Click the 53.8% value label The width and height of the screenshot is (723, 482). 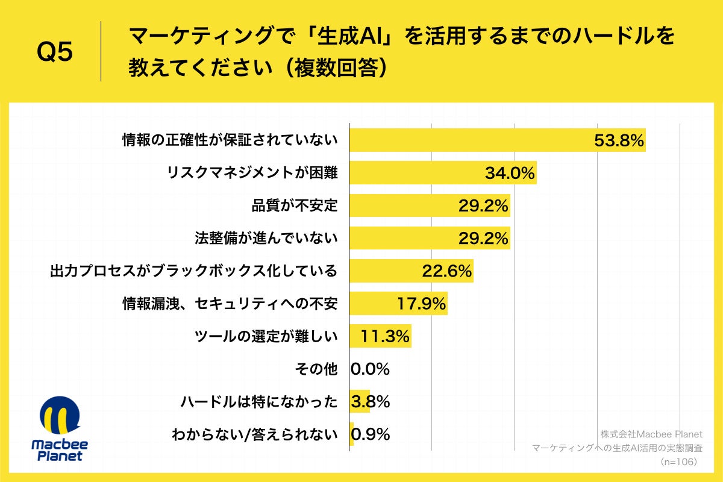click(x=619, y=140)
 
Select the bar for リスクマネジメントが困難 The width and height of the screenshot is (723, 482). click(x=443, y=173)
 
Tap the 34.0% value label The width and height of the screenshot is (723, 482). click(x=510, y=174)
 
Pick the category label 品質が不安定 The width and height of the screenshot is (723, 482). click(x=295, y=205)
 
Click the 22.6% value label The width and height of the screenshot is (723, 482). click(x=446, y=271)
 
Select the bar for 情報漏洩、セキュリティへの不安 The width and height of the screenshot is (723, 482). click(x=398, y=304)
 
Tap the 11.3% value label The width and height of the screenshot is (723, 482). click(x=385, y=336)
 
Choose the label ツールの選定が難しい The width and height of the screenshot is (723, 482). click(x=266, y=336)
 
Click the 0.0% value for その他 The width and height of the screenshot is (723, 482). click(x=370, y=369)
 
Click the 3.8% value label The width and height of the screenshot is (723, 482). click(x=370, y=401)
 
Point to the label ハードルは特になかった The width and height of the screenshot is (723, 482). click(x=259, y=401)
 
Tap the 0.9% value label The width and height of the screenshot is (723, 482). click(x=370, y=434)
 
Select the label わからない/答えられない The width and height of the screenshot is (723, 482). click(x=254, y=434)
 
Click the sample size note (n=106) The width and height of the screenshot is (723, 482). click(x=678, y=461)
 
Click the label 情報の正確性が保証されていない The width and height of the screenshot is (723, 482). click(x=230, y=140)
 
